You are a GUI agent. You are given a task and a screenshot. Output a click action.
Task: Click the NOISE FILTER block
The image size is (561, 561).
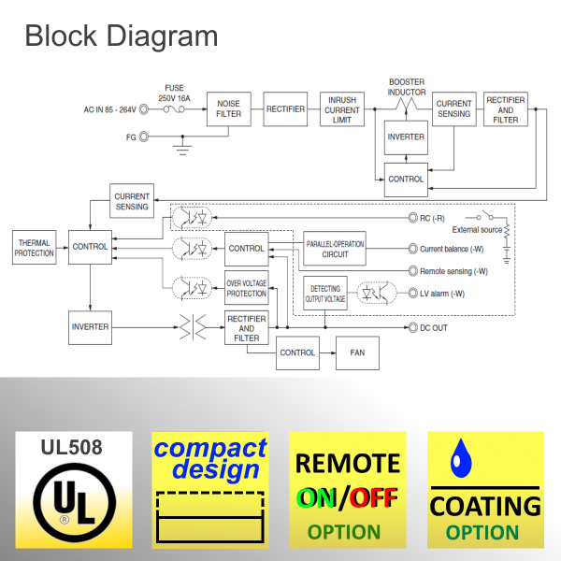tap(228, 109)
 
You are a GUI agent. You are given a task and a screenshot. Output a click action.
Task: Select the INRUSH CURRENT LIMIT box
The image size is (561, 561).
tap(341, 109)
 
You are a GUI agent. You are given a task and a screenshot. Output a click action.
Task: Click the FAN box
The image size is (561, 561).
tap(357, 352)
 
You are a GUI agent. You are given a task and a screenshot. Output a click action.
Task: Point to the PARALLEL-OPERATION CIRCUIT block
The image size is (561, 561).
tap(335, 249)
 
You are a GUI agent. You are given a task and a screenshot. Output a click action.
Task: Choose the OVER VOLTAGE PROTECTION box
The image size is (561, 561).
tap(247, 288)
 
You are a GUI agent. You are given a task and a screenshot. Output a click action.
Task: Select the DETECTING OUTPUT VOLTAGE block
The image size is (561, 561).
tap(324, 294)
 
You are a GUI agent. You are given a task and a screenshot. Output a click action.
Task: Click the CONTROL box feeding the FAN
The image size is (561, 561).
tap(297, 352)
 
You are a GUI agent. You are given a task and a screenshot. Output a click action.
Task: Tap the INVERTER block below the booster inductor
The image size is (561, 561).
tap(405, 137)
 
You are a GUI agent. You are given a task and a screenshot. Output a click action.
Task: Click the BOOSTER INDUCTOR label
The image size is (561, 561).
tap(407, 87)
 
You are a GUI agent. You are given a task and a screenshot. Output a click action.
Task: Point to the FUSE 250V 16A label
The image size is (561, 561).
tap(174, 93)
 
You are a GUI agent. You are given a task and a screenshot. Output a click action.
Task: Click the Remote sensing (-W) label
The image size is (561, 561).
tap(453, 271)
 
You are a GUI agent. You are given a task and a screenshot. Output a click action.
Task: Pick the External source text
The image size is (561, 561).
tap(478, 228)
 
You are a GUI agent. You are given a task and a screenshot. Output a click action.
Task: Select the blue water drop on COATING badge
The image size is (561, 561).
tap(459, 456)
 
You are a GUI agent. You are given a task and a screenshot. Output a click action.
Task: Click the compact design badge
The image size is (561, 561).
tap(209, 489)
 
